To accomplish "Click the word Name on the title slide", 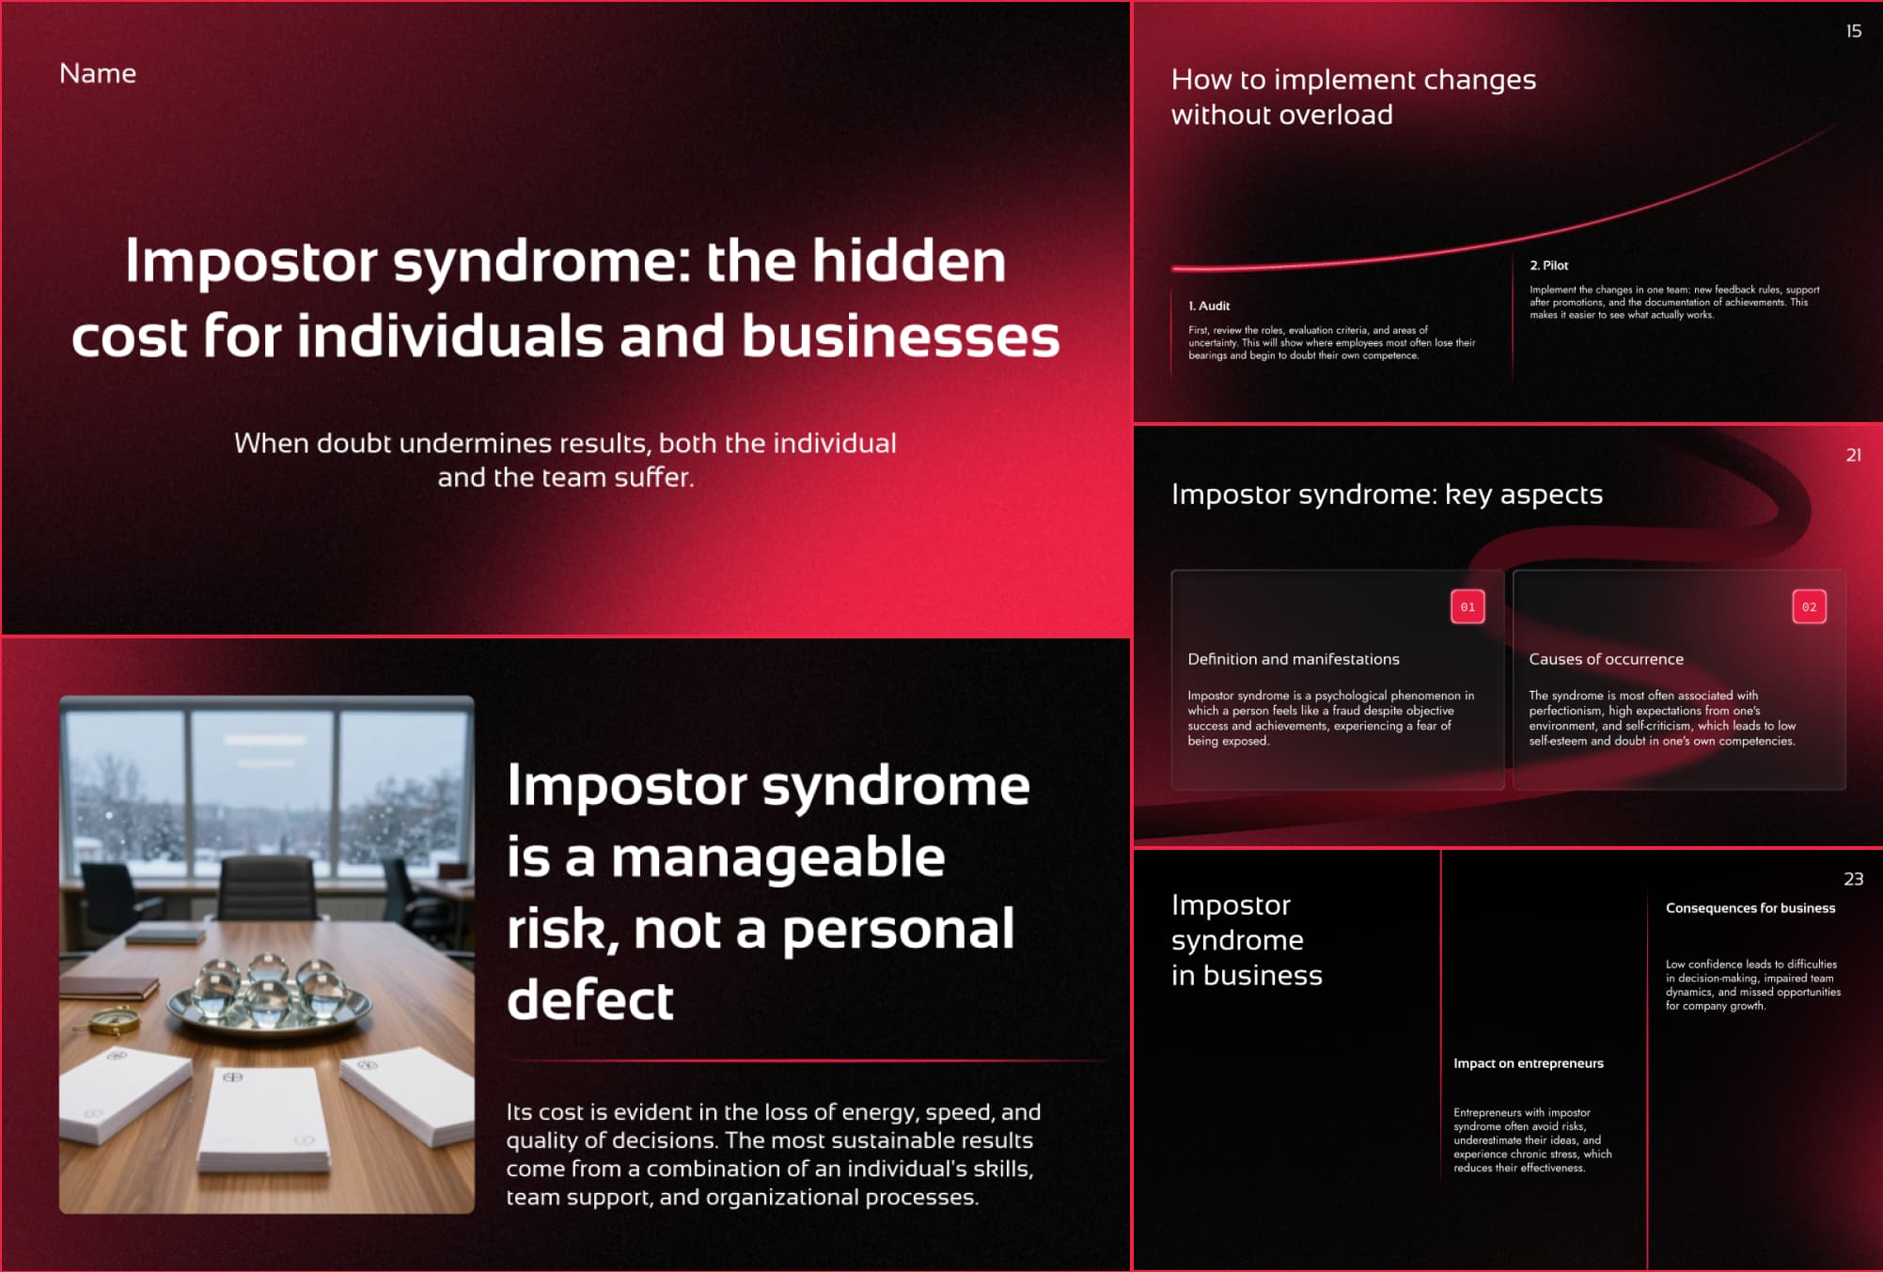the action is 98,73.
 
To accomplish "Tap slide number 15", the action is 1853,31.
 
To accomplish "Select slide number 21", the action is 1853,455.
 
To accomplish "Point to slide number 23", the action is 1853,879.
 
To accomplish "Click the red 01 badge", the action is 1467,606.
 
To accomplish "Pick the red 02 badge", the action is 1809,606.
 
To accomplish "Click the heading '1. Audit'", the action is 1209,306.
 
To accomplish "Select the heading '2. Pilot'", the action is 1548,265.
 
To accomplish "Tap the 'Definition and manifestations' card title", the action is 1293,659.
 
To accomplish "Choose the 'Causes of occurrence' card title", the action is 1606,659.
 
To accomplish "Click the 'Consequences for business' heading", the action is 1750,908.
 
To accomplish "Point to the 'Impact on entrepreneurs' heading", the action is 1528,1063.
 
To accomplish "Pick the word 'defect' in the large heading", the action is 589,999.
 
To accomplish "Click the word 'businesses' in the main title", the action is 900,336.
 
